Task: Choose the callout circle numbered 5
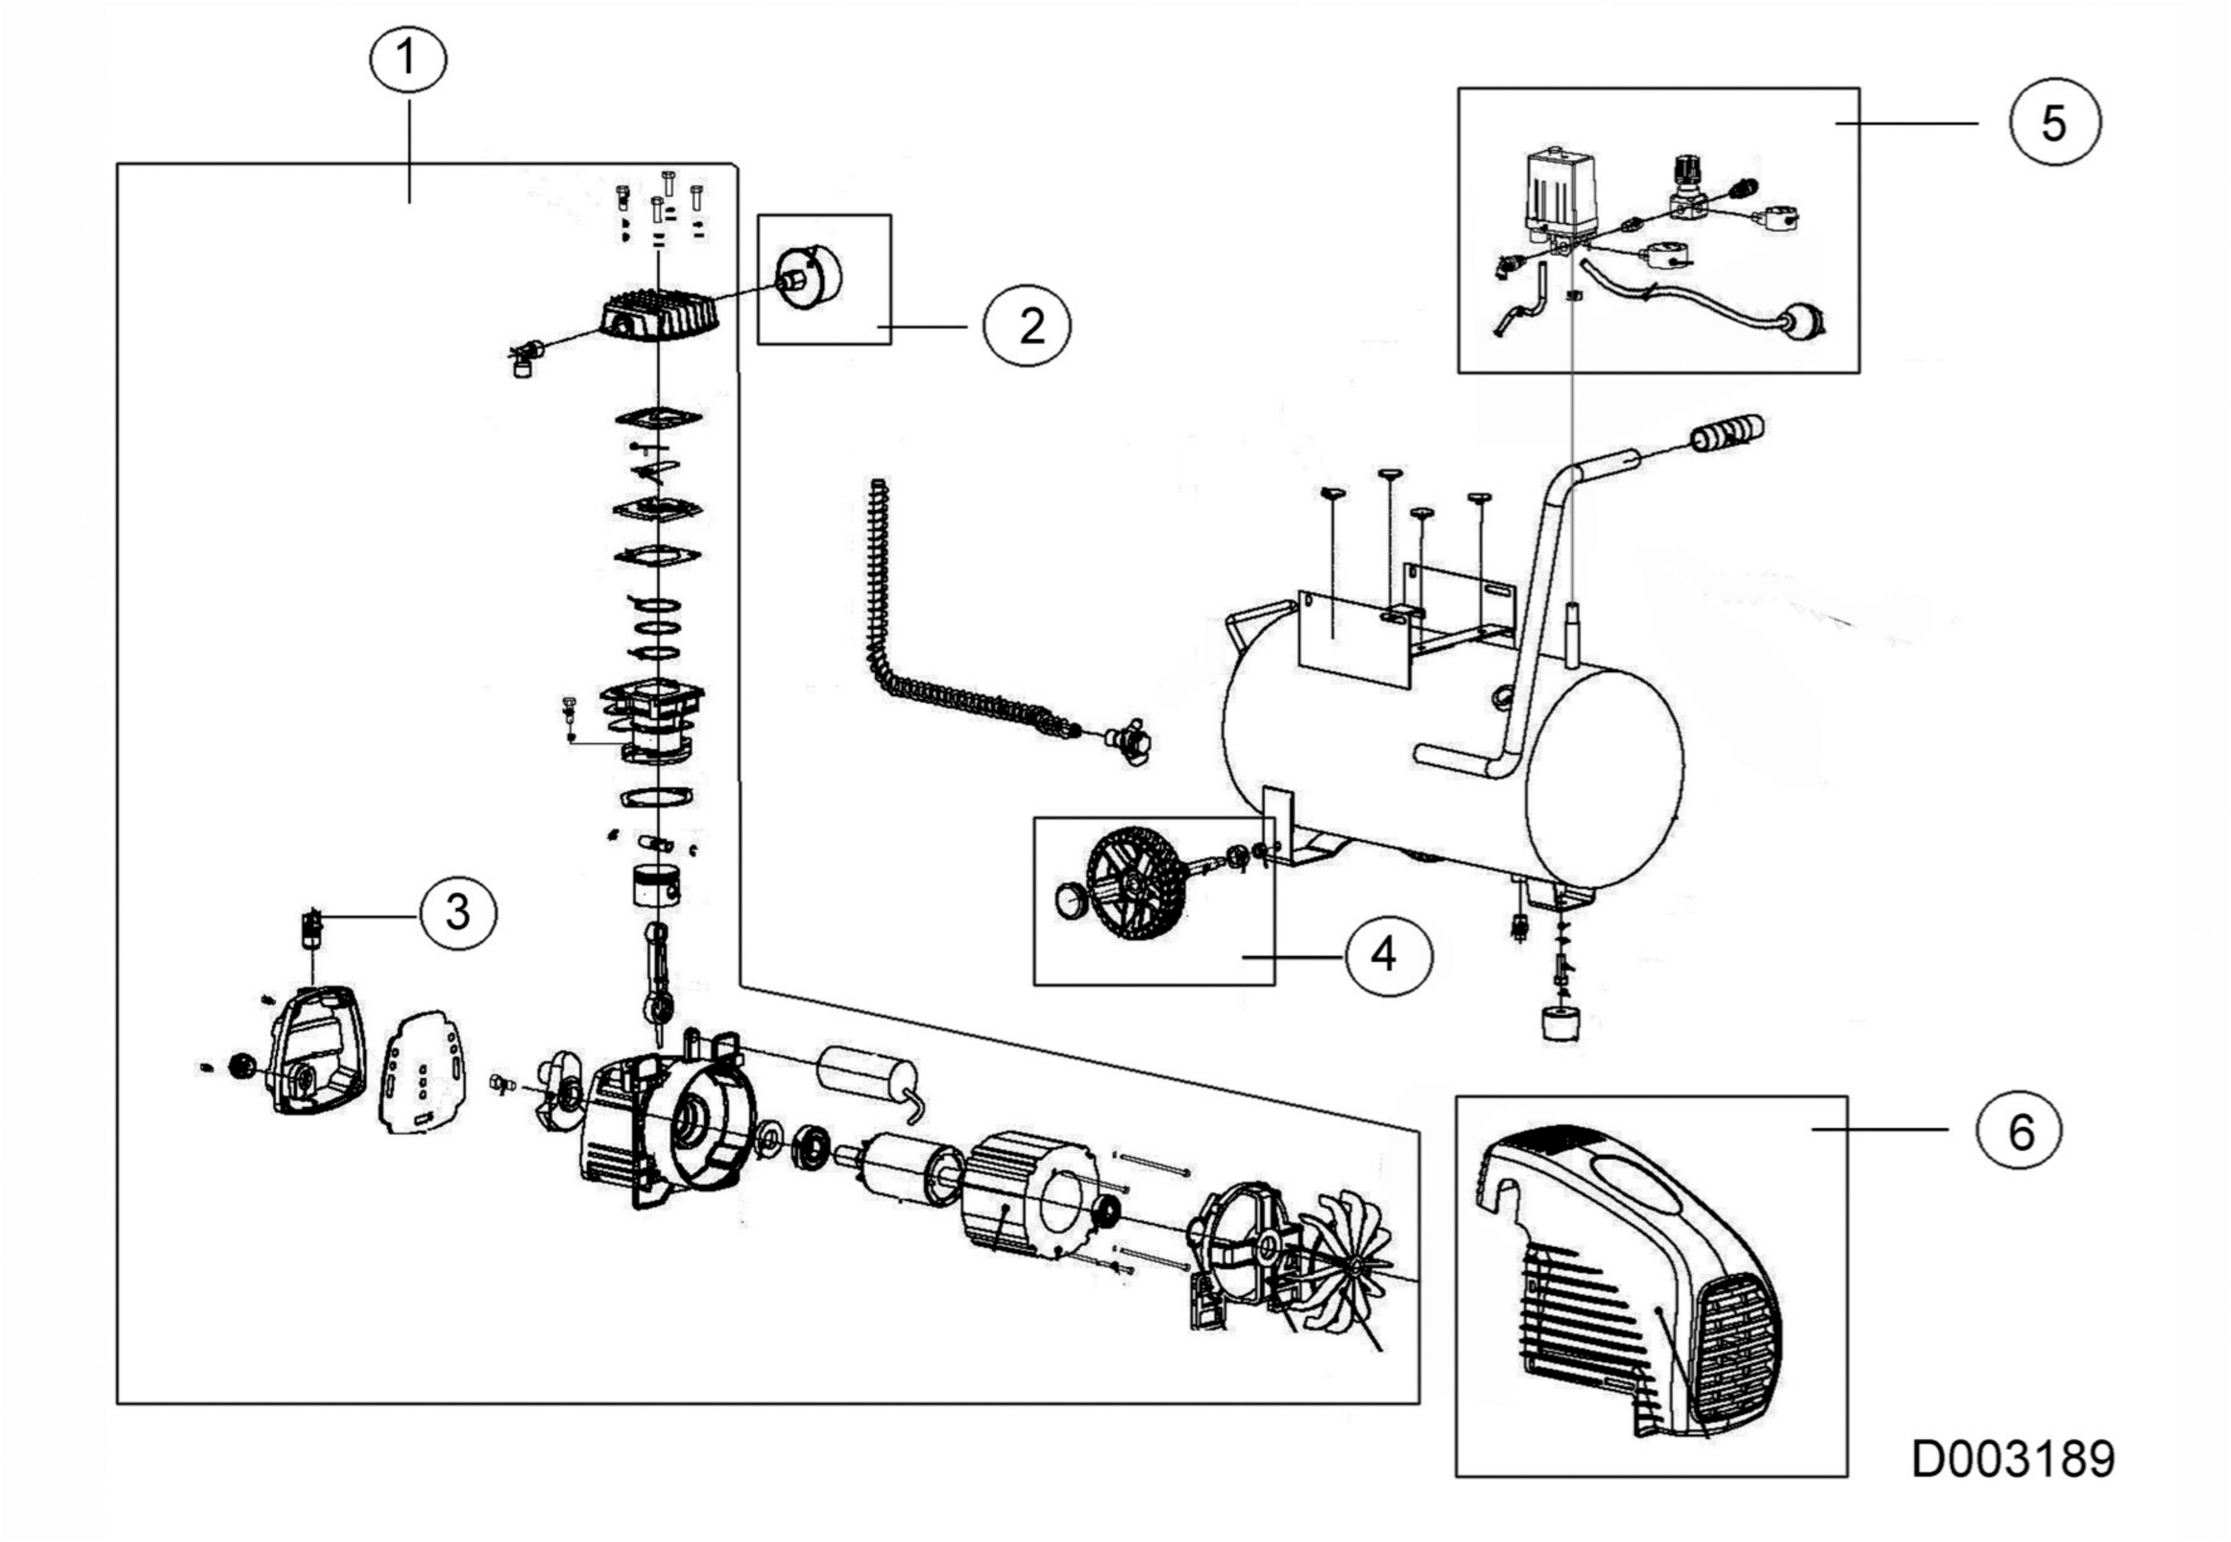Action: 2054,123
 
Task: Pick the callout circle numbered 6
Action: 2020,1130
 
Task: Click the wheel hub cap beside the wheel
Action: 1069,903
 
